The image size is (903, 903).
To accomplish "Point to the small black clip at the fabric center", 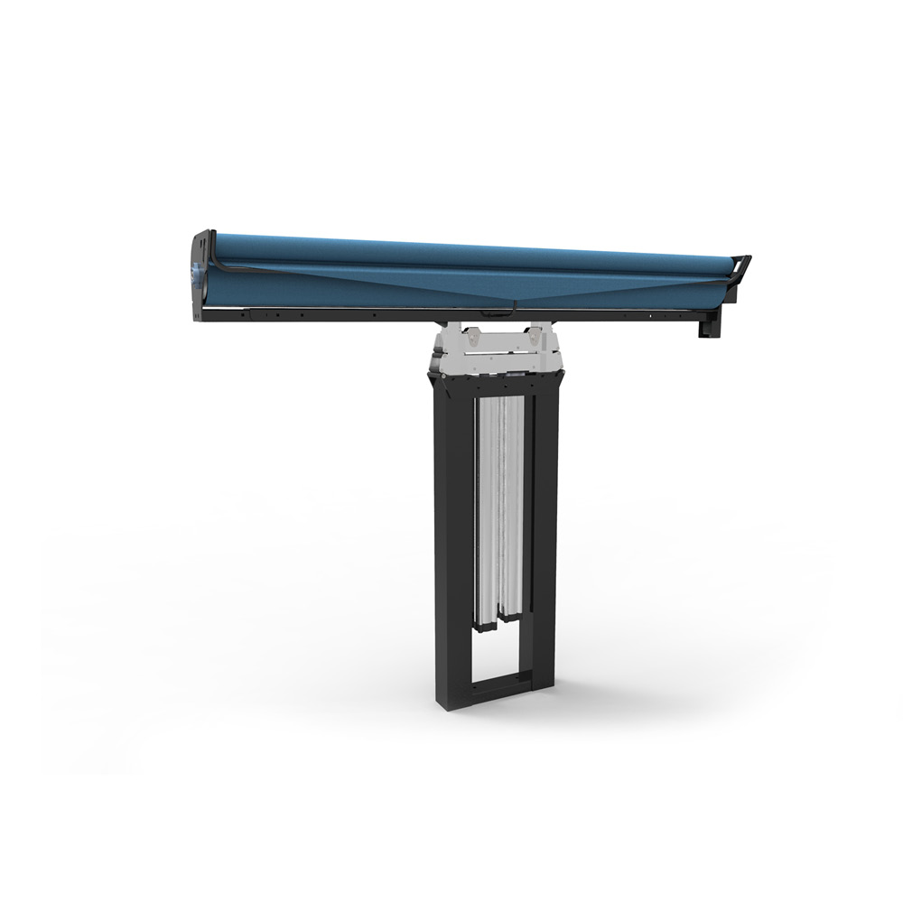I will [494, 312].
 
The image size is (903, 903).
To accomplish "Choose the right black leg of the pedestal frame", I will [545, 542].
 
